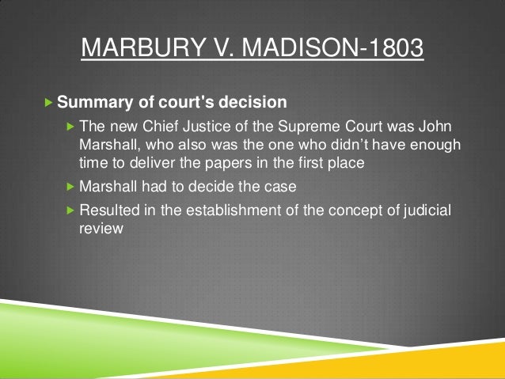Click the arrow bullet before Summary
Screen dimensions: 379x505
(50, 103)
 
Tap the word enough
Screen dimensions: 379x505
(436, 146)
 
